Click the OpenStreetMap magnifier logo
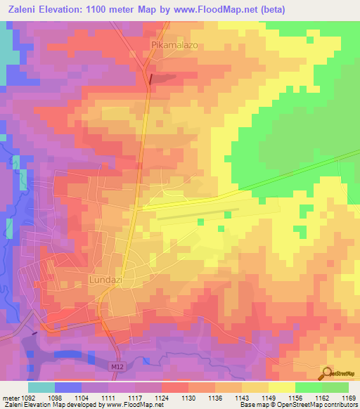pos(327,372)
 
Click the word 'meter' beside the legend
pos(11,396)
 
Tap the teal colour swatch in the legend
pos(41,387)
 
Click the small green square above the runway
pos(201,222)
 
